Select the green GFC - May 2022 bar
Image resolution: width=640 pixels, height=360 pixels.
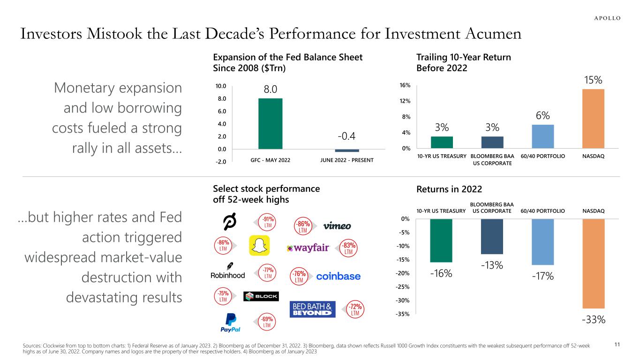click(x=270, y=124)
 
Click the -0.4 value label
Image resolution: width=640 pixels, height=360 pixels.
click(x=347, y=136)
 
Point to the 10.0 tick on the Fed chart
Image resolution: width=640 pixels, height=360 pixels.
click(x=220, y=86)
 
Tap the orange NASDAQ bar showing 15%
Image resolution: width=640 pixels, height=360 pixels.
click(x=593, y=119)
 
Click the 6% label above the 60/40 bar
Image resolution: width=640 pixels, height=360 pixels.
click(x=543, y=115)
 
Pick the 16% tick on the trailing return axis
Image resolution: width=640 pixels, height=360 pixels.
click(x=406, y=85)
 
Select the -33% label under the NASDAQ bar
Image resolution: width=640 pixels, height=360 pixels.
click(x=593, y=320)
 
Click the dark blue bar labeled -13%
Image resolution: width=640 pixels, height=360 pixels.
click(x=492, y=236)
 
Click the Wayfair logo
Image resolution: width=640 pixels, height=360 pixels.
click(x=308, y=248)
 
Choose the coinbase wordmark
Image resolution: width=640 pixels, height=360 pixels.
click(x=339, y=277)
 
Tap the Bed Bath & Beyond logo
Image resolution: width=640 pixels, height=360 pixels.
click(x=313, y=310)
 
